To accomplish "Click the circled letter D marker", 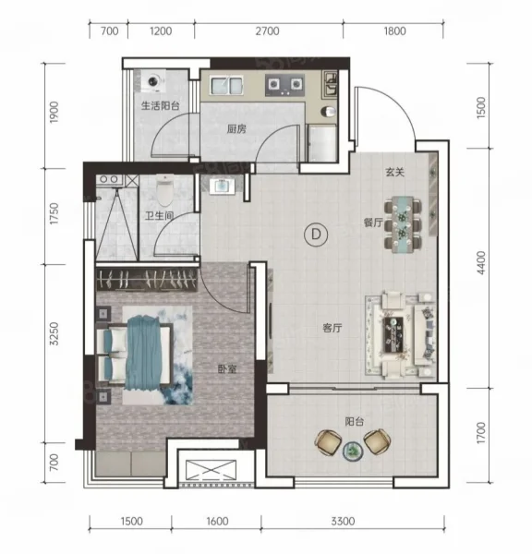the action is click(x=316, y=235).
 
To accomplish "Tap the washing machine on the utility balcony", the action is click(x=153, y=80).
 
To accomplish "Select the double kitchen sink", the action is click(x=226, y=85).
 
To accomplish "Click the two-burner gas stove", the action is click(x=284, y=85).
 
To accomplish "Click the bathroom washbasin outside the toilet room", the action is click(x=222, y=186).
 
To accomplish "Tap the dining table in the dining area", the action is click(x=403, y=224).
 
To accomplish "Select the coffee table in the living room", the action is click(x=393, y=334).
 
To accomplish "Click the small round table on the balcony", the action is click(x=353, y=452).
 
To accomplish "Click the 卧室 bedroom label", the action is click(x=227, y=369).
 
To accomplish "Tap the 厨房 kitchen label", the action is click(x=236, y=129).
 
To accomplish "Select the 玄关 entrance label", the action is click(x=394, y=172).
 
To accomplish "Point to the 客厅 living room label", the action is click(x=332, y=328).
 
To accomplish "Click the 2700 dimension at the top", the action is click(x=267, y=31).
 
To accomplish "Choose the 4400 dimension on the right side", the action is click(x=481, y=263).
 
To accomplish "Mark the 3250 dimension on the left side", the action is click(x=54, y=334).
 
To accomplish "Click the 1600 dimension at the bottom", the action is click(x=217, y=522).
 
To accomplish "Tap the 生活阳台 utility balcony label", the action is click(x=161, y=105).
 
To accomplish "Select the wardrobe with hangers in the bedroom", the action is click(x=147, y=280).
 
